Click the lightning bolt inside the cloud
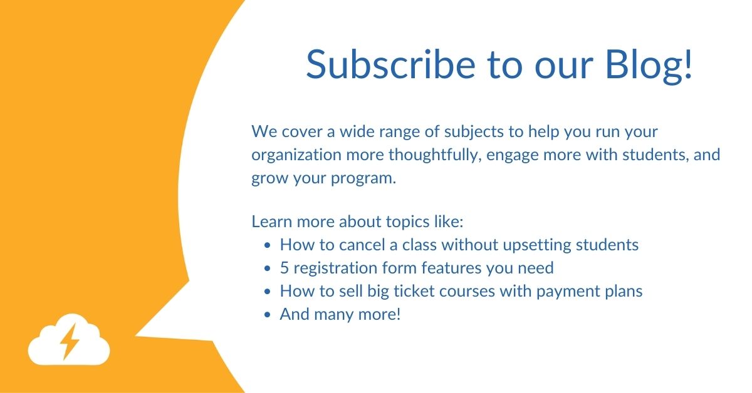pyautogui.click(x=69, y=340)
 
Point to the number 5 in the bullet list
pyautogui.click(x=284, y=268)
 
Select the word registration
pyautogui.click(x=333, y=268)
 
